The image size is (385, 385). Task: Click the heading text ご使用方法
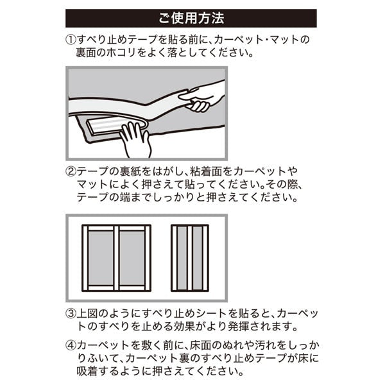(x=191, y=19)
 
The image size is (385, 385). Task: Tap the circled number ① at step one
(x=71, y=40)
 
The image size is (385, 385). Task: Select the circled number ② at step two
(x=71, y=171)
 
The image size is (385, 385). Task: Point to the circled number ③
(x=71, y=314)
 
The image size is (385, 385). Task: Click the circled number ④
(x=71, y=345)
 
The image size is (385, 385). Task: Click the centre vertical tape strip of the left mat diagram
(x=116, y=258)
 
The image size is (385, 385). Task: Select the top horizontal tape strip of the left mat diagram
(x=116, y=228)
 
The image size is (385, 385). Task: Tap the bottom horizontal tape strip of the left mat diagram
(x=116, y=288)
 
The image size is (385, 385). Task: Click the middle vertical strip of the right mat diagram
(x=190, y=258)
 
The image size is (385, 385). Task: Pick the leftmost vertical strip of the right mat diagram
(x=175, y=258)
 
